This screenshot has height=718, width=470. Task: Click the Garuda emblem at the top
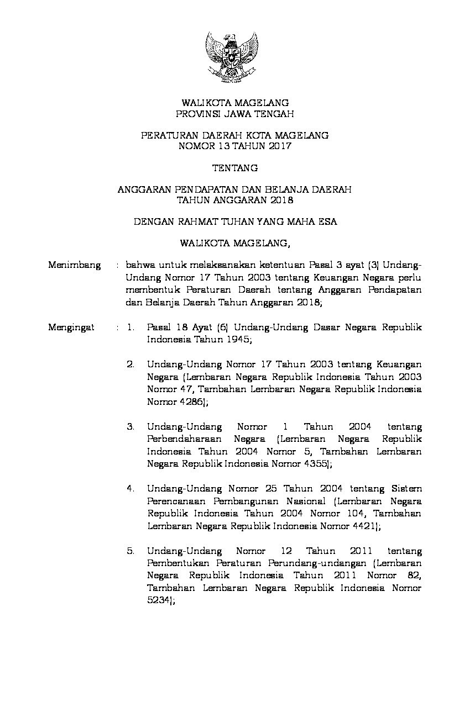click(232, 56)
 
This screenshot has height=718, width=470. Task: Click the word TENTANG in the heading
click(235, 167)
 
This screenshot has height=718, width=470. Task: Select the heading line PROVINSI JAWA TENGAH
click(235, 114)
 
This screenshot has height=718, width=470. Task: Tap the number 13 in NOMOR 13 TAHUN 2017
click(220, 146)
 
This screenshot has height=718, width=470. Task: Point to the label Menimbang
click(74, 265)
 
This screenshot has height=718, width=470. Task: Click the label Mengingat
click(71, 328)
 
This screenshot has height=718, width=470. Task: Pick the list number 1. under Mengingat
click(130, 328)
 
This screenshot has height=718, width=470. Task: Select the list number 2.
click(130, 365)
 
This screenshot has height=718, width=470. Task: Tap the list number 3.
click(130, 427)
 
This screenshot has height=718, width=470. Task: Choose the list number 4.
click(130, 489)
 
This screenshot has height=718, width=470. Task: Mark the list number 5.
click(130, 551)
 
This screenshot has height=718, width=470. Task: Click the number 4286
click(191, 402)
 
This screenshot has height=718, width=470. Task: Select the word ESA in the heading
click(327, 221)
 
